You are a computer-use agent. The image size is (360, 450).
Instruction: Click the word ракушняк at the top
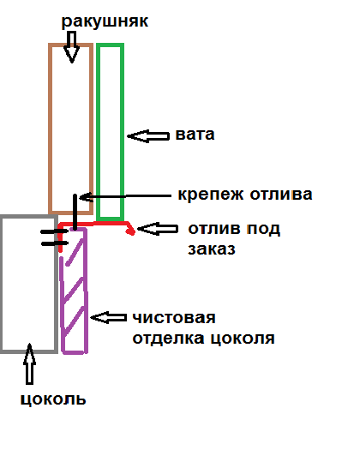tap(105, 22)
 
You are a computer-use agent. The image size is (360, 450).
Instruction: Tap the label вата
tap(195, 135)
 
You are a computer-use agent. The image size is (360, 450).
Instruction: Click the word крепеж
tap(211, 195)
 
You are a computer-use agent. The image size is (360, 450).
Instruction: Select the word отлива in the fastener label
tap(281, 195)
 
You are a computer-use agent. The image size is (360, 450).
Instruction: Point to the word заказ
tap(212, 249)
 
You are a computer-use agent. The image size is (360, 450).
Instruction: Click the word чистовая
tap(174, 318)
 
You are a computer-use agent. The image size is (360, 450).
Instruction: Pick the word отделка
tap(168, 339)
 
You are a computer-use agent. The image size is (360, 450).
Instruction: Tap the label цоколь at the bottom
tap(53, 399)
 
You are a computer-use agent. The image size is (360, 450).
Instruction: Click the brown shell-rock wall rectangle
tap(50, 129)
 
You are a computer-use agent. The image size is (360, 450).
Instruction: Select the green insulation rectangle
tap(98, 132)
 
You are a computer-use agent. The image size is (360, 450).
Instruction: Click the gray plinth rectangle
tap(2, 284)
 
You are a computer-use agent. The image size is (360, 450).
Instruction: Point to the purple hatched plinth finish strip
tap(86, 290)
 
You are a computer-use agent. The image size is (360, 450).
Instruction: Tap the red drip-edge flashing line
tap(95, 223)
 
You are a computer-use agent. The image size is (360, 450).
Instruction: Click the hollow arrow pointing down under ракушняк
tap(72, 47)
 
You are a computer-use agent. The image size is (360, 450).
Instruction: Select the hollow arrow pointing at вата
tap(148, 135)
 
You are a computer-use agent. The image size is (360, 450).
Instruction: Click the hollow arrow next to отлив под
tap(158, 229)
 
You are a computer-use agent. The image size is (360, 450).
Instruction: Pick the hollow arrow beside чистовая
tap(109, 317)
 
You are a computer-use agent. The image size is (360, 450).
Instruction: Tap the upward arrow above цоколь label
tap(29, 364)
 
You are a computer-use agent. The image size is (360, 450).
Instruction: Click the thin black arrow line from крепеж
tap(125, 196)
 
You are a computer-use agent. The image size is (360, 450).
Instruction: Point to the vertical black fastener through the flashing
tap(75, 212)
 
